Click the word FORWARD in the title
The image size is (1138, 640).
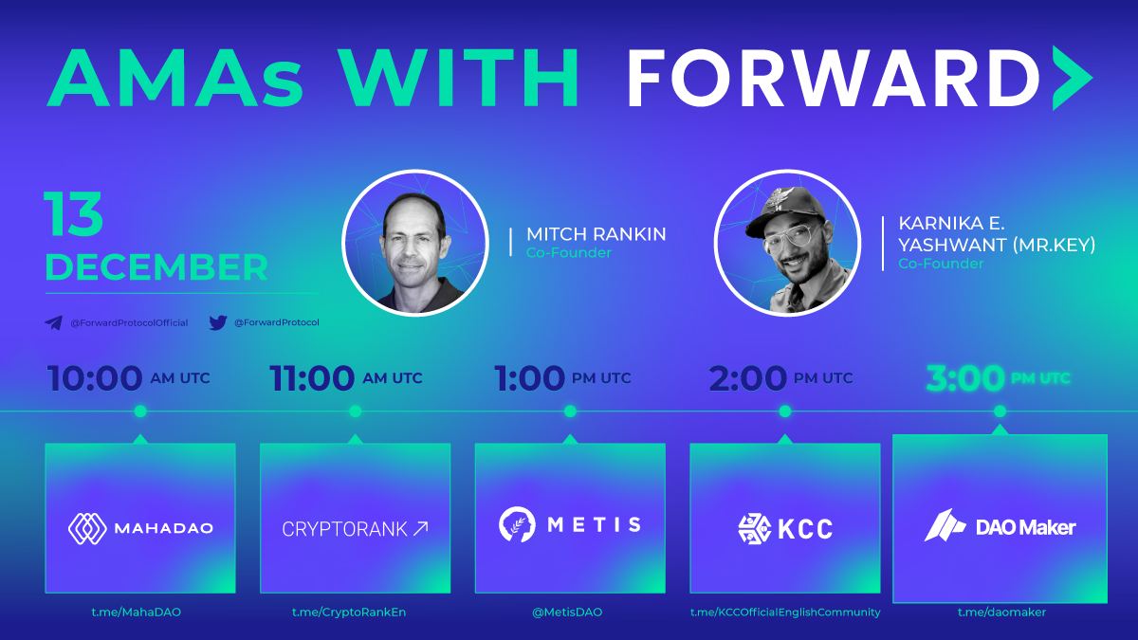[835, 78]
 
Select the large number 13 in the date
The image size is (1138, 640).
[74, 214]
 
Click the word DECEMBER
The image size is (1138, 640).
[156, 267]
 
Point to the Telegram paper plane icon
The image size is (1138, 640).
[53, 322]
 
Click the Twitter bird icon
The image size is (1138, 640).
[218, 322]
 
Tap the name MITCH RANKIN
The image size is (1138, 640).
[596, 234]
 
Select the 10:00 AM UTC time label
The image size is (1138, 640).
[129, 378]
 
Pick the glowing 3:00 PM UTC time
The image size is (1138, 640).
[998, 378]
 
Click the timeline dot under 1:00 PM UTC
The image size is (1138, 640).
[570, 411]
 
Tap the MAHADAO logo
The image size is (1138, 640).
[140, 528]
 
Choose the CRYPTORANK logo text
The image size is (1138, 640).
[355, 529]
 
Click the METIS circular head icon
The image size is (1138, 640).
[517, 524]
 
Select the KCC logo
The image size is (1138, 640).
[785, 528]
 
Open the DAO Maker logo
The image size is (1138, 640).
[1000, 526]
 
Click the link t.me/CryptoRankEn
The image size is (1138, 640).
[349, 613]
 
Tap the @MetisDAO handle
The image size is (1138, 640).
[567, 613]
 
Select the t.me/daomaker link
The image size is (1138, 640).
[1001, 613]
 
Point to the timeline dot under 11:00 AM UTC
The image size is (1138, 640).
[355, 411]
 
